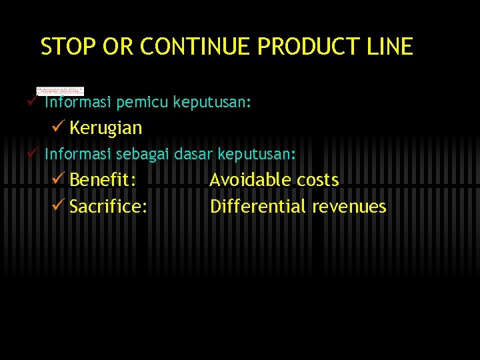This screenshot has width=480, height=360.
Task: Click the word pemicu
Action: [143, 103]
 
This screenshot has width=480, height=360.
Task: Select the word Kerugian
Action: [105, 127]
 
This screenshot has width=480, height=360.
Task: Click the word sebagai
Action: [143, 154]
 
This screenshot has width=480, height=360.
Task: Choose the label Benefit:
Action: [103, 180]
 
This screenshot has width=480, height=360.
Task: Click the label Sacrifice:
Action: [109, 207]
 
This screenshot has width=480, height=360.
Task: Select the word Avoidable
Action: [250, 180]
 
